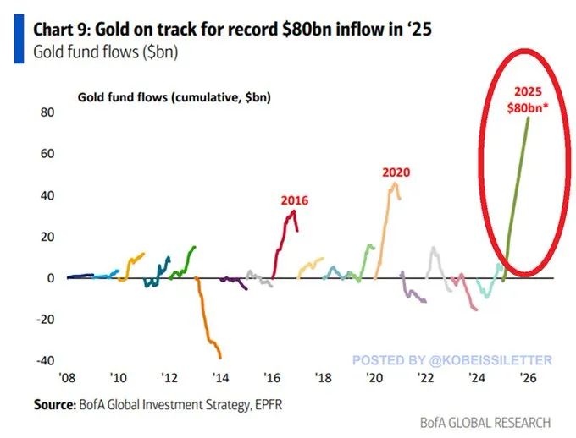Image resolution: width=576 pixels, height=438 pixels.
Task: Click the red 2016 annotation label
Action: (x=294, y=200)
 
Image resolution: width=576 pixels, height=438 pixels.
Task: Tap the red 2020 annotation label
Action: (x=396, y=172)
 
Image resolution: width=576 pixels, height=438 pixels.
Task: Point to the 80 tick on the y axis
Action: (x=47, y=112)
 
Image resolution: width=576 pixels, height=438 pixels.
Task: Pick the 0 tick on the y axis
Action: (x=50, y=278)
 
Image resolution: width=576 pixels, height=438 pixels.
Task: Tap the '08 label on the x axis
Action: (x=67, y=380)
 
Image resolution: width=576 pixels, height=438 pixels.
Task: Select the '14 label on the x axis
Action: (x=220, y=380)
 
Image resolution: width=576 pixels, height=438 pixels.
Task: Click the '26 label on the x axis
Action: (x=526, y=380)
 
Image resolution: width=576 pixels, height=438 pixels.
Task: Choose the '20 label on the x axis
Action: (x=373, y=380)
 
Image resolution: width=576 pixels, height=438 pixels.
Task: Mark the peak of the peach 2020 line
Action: (x=392, y=183)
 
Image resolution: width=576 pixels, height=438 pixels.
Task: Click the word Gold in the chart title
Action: (x=113, y=28)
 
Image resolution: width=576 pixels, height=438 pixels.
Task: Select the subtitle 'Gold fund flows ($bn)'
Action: (x=96, y=51)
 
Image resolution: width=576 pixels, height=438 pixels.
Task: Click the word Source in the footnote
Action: (x=54, y=405)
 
